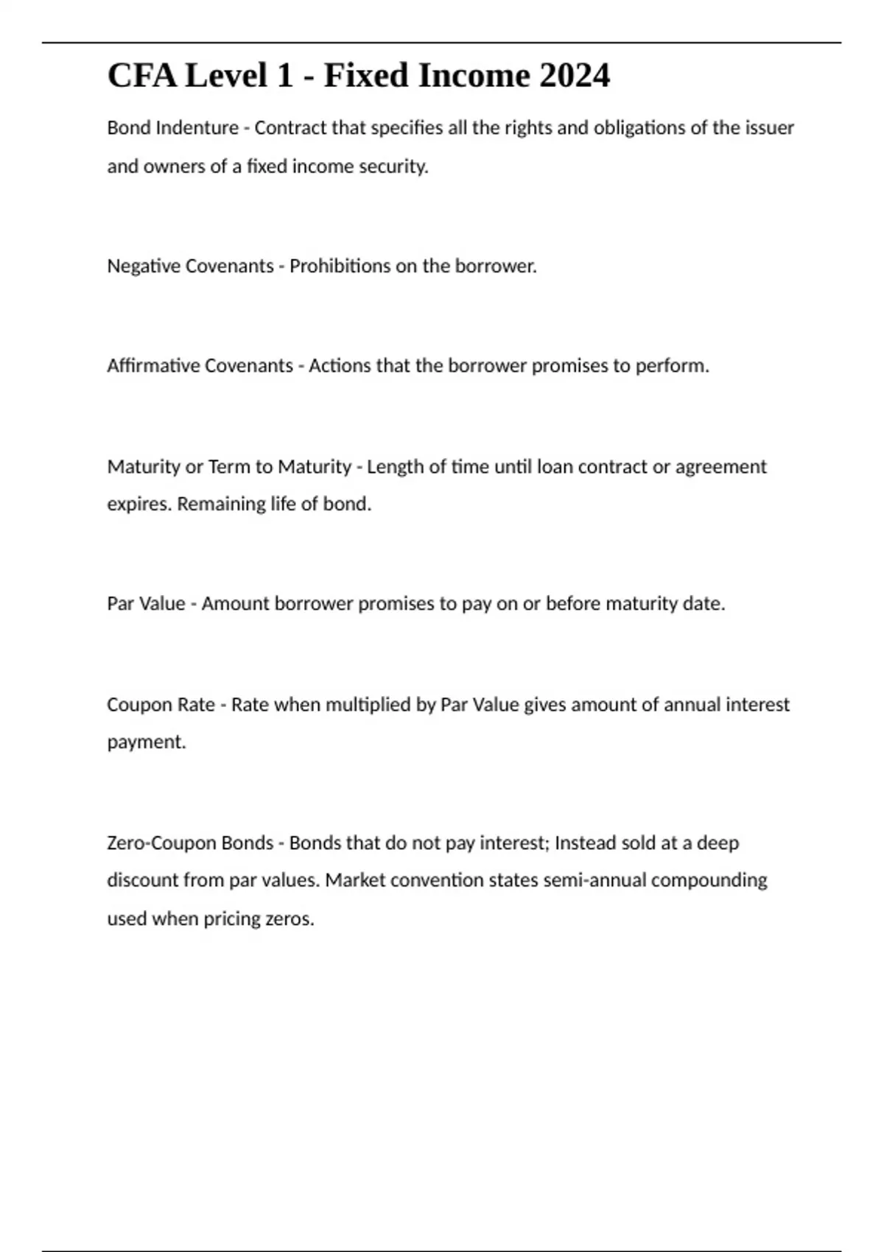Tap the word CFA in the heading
click(141, 76)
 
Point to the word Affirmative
click(152, 366)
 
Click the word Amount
click(235, 604)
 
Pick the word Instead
click(585, 843)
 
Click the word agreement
click(721, 467)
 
